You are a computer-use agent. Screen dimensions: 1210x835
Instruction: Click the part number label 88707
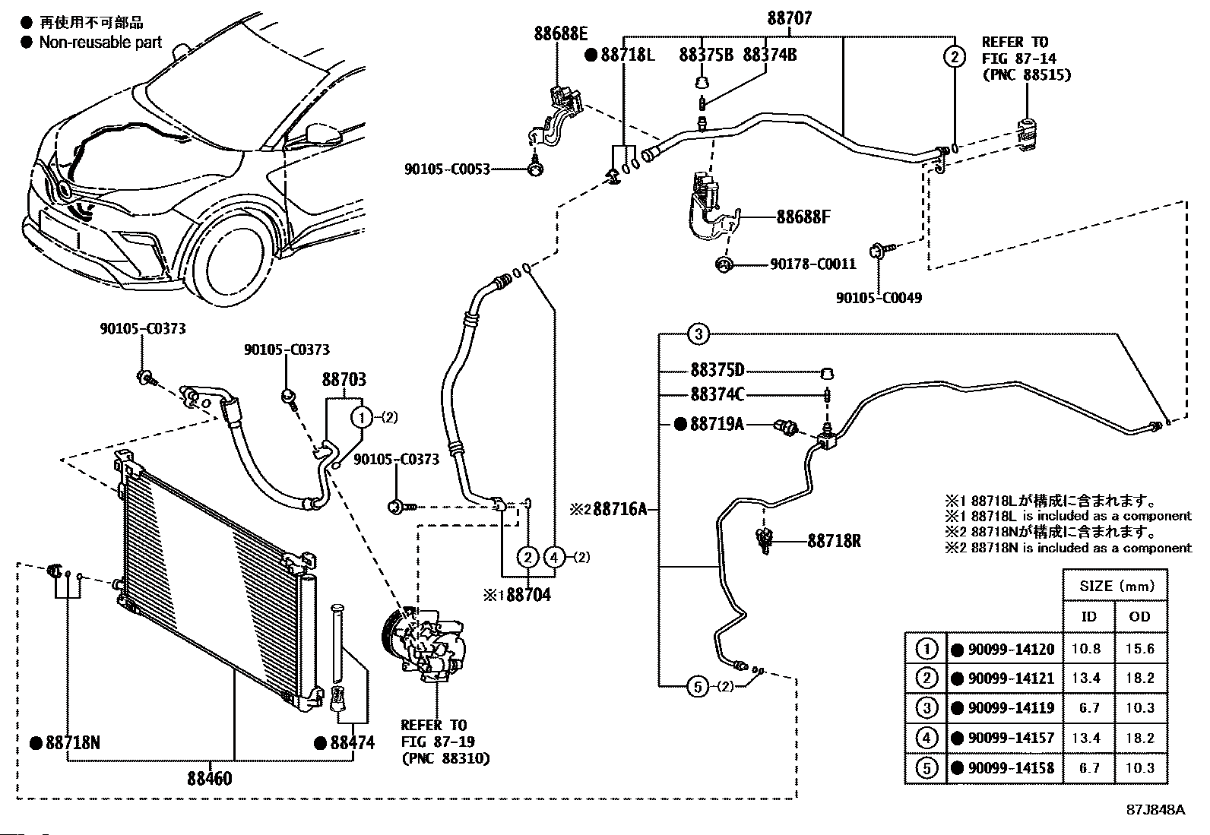pos(789,18)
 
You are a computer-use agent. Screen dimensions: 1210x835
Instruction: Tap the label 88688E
pos(560,34)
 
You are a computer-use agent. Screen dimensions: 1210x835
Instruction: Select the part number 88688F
pos(803,217)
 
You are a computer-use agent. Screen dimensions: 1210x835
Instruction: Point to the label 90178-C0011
pos(813,264)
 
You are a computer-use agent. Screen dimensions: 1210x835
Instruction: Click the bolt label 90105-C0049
pos(879,298)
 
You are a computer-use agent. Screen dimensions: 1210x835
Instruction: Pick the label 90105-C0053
pos(447,169)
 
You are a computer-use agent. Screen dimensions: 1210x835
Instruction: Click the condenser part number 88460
pos(210,778)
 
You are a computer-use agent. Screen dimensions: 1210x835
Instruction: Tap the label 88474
pos(352,742)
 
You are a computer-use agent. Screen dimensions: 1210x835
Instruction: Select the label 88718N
pos(73,742)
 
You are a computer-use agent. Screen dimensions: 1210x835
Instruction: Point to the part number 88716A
pos(619,509)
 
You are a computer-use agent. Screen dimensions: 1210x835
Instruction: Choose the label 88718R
pos(834,541)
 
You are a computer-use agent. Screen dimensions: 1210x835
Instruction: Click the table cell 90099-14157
pos(1011,738)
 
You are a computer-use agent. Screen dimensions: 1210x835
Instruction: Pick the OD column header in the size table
pos(1140,617)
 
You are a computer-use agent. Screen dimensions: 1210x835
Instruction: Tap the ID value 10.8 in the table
pos(1086,649)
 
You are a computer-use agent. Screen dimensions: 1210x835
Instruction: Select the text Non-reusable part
pos(100,42)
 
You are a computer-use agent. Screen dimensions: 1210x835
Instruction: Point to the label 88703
pos(344,379)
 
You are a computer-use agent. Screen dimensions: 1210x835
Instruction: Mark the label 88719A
pos(717,424)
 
